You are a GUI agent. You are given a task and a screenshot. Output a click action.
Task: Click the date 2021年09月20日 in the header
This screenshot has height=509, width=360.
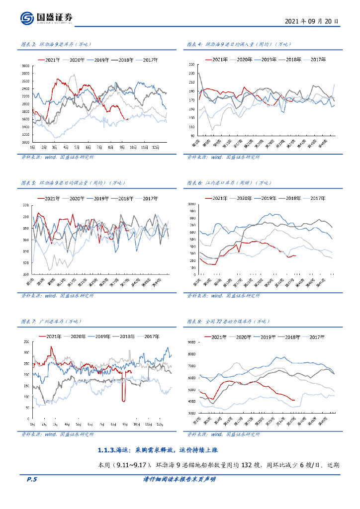[312, 22]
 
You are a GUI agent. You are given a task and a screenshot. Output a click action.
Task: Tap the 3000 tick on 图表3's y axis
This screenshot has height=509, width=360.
[26, 66]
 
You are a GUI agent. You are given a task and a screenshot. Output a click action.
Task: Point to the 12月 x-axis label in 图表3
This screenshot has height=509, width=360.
[156, 148]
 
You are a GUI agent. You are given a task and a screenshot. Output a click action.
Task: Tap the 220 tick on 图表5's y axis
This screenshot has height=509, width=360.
[26, 205]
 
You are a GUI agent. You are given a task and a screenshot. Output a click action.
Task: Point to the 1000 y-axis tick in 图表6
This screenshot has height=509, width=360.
[190, 204]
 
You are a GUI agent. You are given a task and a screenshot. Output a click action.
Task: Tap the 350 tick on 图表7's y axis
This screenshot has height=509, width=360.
[26, 341]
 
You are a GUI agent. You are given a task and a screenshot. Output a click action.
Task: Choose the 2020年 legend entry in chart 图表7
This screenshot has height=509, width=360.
[80, 337]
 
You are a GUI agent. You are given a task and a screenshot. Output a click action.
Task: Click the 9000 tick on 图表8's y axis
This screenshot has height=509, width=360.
[191, 342]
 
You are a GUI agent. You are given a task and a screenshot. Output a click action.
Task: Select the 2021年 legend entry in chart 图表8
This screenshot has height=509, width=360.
[219, 337]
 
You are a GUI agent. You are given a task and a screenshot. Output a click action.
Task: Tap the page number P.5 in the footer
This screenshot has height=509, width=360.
[32, 479]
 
